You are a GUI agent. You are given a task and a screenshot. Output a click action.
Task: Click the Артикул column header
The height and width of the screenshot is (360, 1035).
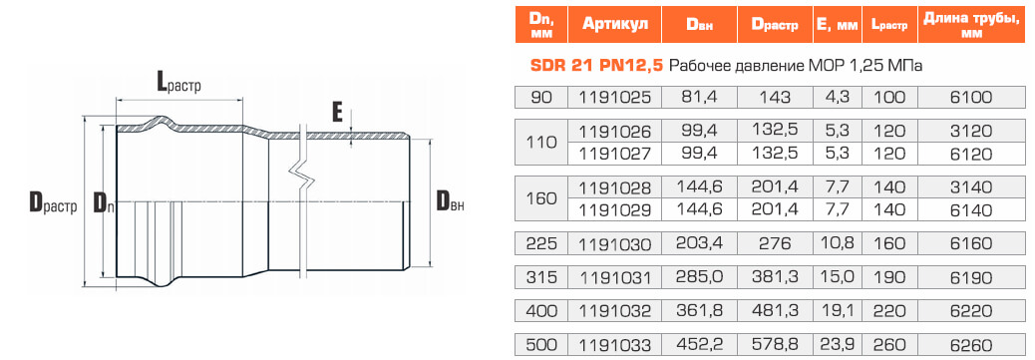(x=615, y=25)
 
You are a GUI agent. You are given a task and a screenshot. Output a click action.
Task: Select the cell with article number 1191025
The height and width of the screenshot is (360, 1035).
(x=615, y=97)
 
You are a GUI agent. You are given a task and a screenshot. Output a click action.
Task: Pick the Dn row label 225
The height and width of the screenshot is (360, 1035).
(x=541, y=243)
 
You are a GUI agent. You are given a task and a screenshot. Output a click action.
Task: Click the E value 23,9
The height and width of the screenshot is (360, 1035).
(x=837, y=345)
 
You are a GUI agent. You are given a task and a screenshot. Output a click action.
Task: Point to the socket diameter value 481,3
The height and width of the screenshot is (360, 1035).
(x=775, y=311)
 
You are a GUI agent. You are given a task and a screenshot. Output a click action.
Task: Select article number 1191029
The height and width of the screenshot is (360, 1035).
(x=615, y=210)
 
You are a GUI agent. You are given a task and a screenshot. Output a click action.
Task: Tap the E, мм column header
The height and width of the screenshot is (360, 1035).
(x=837, y=25)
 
